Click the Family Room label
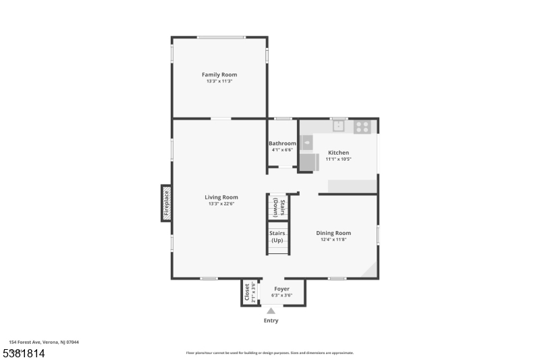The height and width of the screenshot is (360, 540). click(219, 74)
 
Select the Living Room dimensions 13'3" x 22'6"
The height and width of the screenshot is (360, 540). click(221, 204)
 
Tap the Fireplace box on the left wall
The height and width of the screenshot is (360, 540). click(166, 203)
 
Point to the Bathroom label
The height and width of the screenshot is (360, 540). click(282, 143)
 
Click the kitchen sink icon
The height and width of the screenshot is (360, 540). click(337, 126)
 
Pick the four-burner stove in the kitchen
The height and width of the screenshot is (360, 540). click(362, 126)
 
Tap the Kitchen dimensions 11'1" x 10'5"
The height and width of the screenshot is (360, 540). click(338, 159)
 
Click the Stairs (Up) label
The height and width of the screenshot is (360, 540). click(277, 237)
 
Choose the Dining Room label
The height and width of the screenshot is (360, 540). click(333, 233)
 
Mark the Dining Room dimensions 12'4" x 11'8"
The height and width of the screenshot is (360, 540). click(333, 240)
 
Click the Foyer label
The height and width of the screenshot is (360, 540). click(281, 288)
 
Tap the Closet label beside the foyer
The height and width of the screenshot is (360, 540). click(247, 292)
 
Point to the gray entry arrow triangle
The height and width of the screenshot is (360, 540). click(271, 310)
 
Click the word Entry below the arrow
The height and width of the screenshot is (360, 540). click(271, 321)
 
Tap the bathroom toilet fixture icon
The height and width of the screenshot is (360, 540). click(307, 141)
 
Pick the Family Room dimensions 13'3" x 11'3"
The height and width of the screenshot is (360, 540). click(219, 81)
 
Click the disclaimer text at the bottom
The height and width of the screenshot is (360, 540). click(270, 353)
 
